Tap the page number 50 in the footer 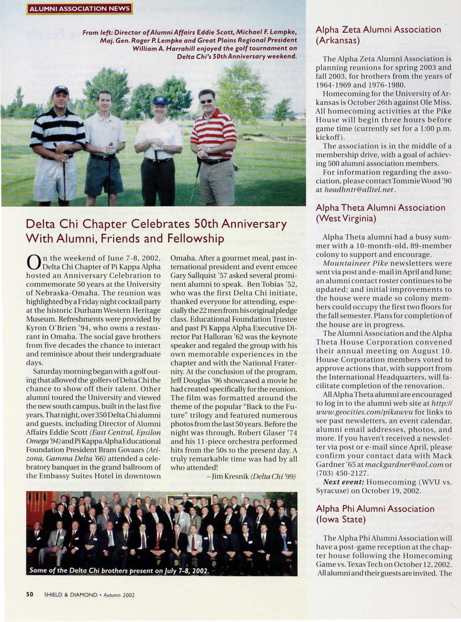click(x=30, y=594)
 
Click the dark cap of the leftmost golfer click(x=60, y=90)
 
